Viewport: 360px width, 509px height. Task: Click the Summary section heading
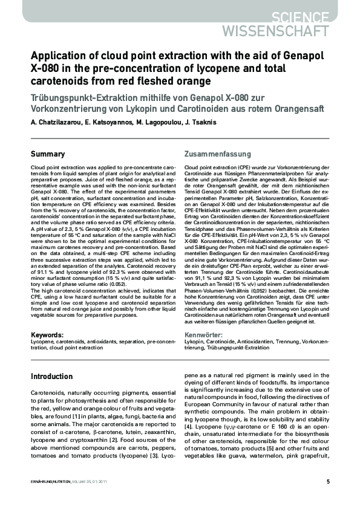click(x=48, y=154)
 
